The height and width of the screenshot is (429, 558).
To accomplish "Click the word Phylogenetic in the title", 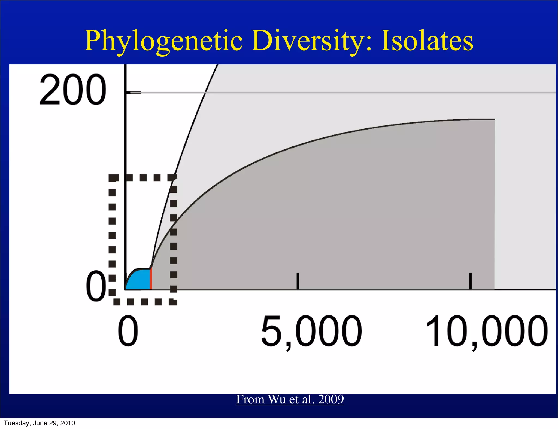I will click(x=163, y=41).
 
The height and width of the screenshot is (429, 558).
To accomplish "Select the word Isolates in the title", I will click(x=427, y=41).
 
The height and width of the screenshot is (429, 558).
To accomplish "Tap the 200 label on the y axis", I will click(x=72, y=90).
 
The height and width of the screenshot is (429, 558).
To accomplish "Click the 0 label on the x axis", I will click(x=128, y=331).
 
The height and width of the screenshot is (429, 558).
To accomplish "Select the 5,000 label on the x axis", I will click(x=311, y=331).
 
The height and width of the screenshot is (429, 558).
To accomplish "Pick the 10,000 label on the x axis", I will click(x=486, y=331).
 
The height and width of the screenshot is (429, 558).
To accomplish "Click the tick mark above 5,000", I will click(x=298, y=281).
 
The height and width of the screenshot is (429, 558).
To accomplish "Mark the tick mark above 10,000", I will click(x=470, y=281).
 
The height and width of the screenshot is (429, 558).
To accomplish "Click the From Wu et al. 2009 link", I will click(x=290, y=399).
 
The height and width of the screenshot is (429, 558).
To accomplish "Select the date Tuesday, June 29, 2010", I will click(x=40, y=423).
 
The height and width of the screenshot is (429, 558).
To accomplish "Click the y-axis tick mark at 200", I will click(x=134, y=93).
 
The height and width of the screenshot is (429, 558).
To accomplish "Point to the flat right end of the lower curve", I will click(x=488, y=119).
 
